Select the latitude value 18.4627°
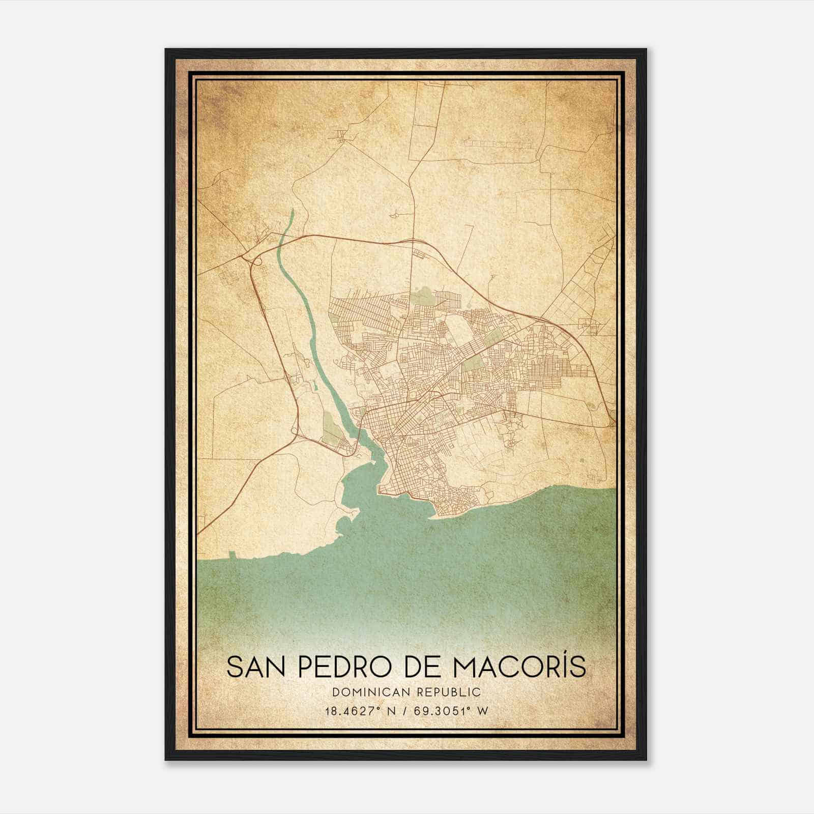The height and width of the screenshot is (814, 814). click(x=355, y=711)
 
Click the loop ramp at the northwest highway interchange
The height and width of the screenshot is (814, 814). click(x=257, y=261)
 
